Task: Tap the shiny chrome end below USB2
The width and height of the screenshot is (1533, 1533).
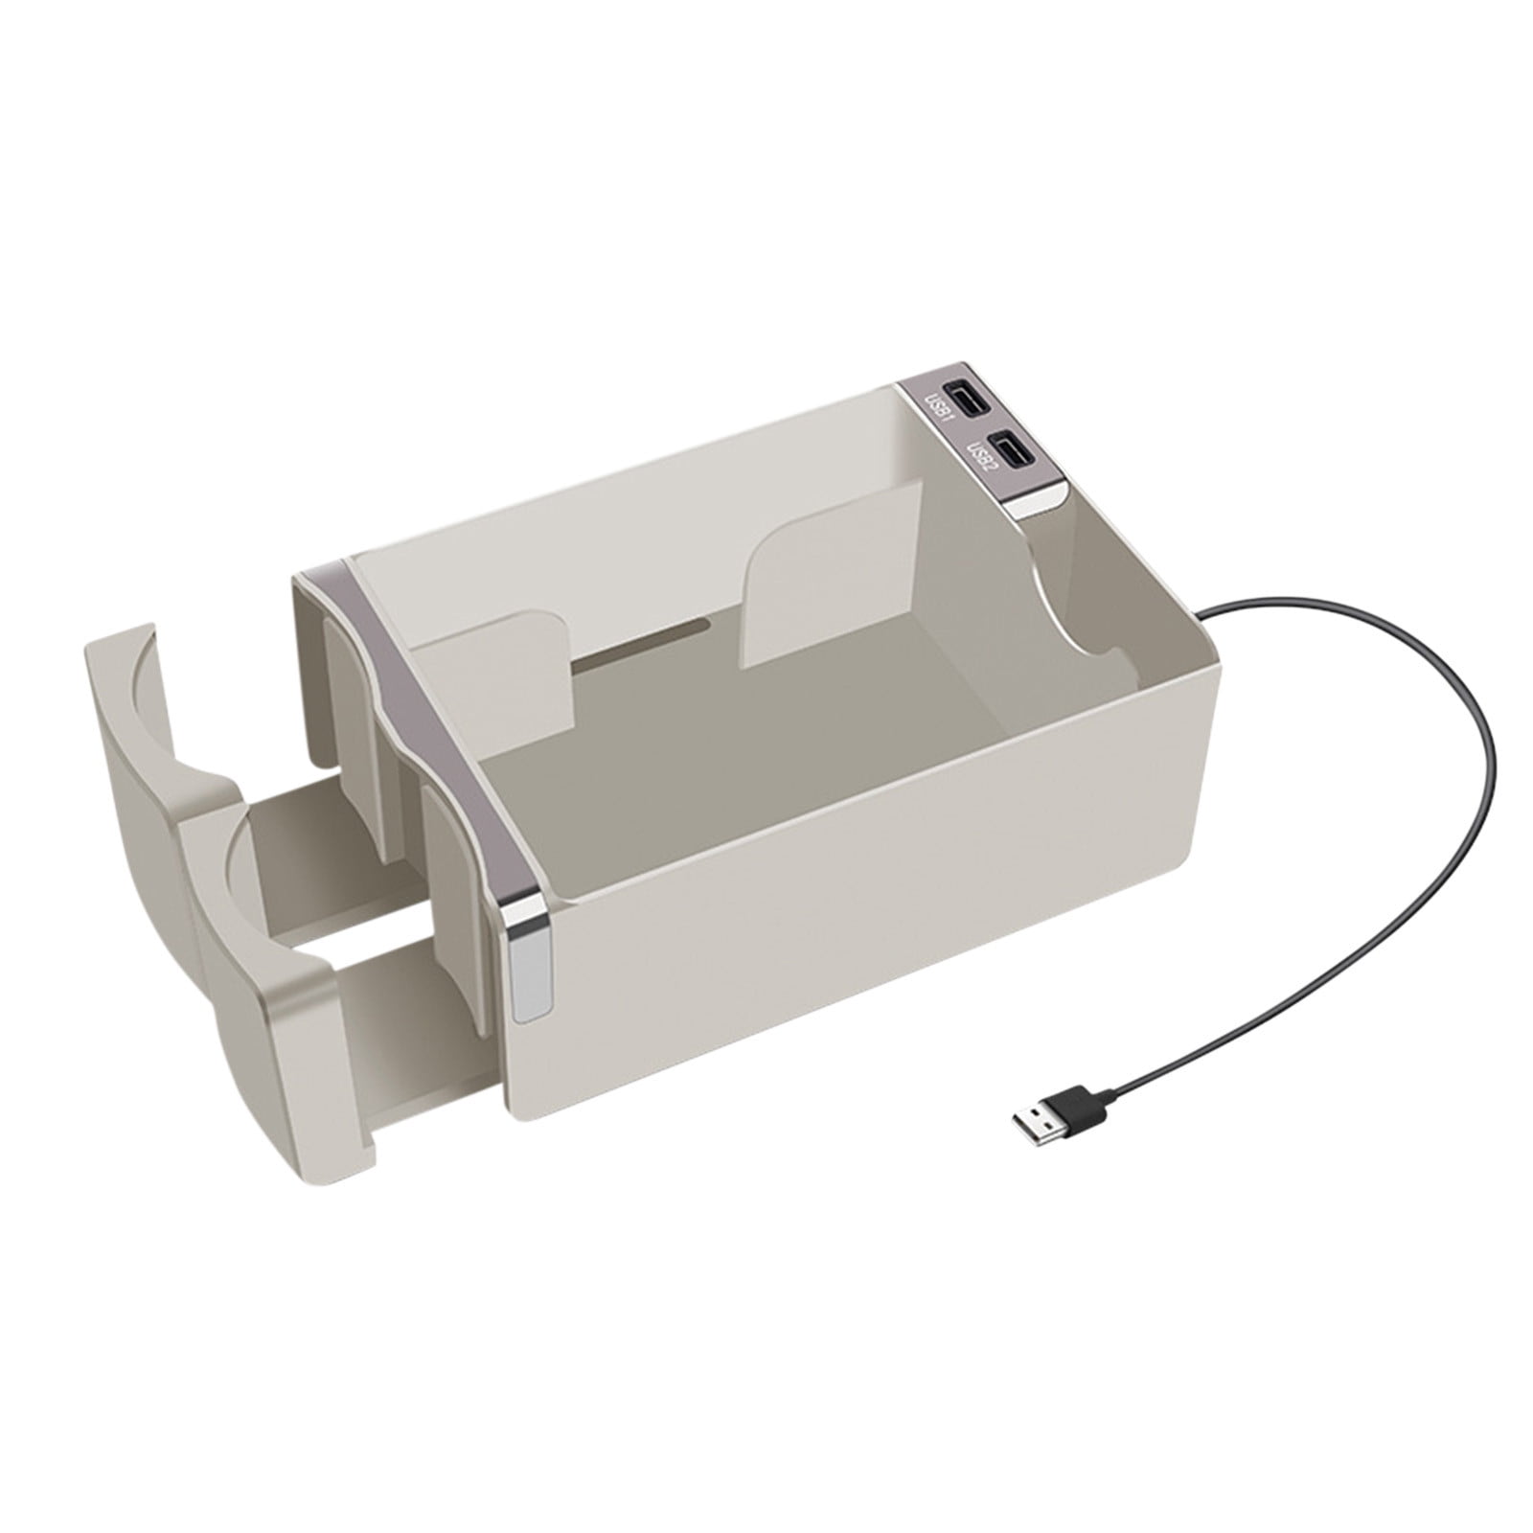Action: tap(1043, 503)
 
